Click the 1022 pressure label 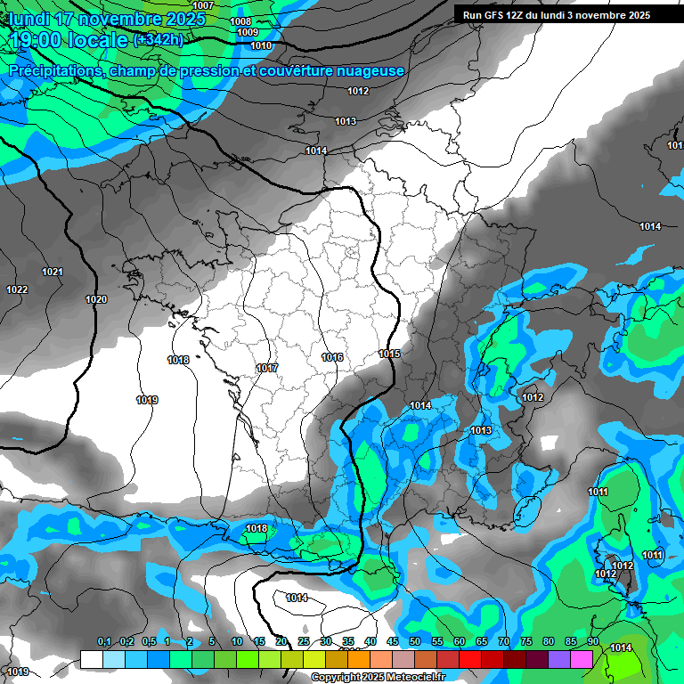[17, 289]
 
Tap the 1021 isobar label [53, 272]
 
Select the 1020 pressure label [96, 299]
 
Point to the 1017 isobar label [266, 368]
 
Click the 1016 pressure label [332, 357]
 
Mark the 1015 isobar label [389, 354]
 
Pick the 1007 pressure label [203, 5]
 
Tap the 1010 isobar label [261, 45]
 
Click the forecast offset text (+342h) [158, 39]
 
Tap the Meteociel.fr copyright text [378, 678]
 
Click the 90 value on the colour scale [592, 641]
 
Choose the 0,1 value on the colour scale [104, 641]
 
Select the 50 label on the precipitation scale [415, 641]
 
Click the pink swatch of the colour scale [582, 659]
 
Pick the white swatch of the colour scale [91, 659]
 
